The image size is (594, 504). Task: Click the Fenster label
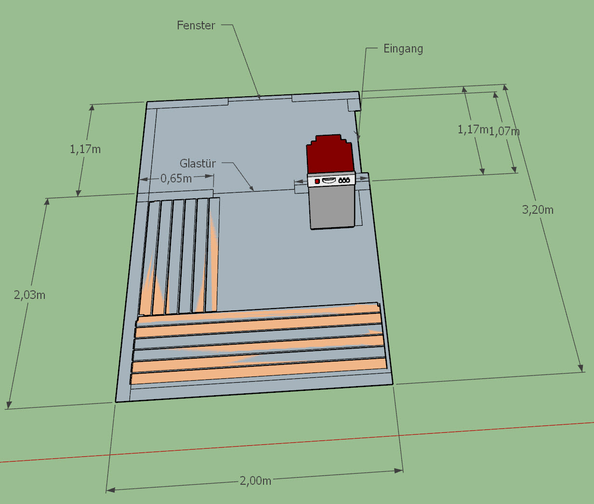pyautogui.click(x=196, y=26)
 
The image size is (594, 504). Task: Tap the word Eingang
pyautogui.click(x=403, y=49)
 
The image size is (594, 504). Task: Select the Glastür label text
pyautogui.click(x=198, y=164)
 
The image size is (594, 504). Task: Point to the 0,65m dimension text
pyautogui.click(x=176, y=179)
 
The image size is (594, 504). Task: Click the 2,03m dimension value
pyautogui.click(x=30, y=295)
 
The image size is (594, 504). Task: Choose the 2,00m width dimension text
pyautogui.click(x=255, y=481)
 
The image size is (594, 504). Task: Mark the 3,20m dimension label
pyautogui.click(x=538, y=209)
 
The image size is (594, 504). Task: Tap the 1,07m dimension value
pyautogui.click(x=504, y=131)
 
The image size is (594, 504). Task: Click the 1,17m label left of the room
pyautogui.click(x=85, y=149)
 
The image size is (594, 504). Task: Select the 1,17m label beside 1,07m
pyautogui.click(x=472, y=129)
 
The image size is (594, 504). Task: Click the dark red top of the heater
pyautogui.click(x=330, y=154)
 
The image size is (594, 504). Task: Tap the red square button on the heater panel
pyautogui.click(x=317, y=181)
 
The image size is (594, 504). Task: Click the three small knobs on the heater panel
pyautogui.click(x=344, y=180)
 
